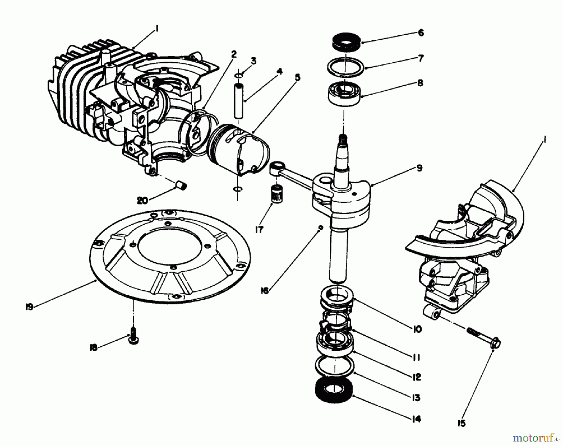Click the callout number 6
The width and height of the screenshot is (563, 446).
(421, 33)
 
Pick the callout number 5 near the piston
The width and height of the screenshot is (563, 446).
(297, 77)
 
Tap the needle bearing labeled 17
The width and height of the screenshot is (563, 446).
(275, 194)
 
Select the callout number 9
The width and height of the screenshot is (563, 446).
(419, 168)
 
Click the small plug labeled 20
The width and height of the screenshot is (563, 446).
(181, 184)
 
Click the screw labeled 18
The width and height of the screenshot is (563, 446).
(134, 340)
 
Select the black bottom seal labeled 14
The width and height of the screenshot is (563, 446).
(334, 391)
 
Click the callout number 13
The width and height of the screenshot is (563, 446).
(416, 398)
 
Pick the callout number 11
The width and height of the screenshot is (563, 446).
(416, 357)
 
